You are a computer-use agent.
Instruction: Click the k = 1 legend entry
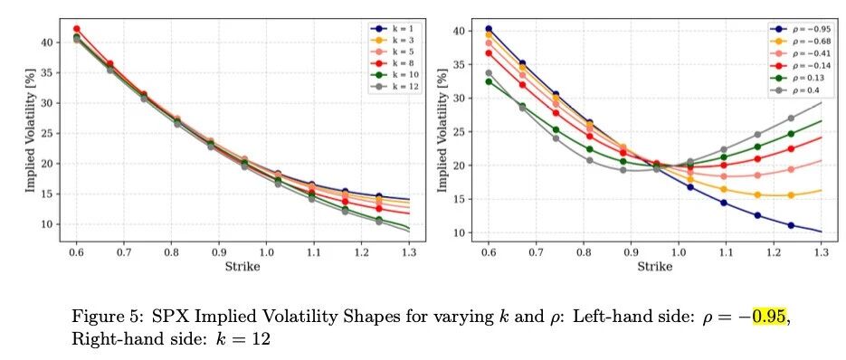393,28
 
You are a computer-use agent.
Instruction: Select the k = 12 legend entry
394,86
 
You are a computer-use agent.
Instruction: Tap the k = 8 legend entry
393,62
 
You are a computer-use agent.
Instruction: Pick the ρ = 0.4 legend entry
793,90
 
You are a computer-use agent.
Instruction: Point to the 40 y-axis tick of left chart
47,43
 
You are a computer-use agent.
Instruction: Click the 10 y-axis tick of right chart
460,232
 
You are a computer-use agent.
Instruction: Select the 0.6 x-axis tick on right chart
489,252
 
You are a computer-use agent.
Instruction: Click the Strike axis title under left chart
242,267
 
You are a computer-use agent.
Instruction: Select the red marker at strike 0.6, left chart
77,29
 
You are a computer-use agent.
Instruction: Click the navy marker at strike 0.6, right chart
489,29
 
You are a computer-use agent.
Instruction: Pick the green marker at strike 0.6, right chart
489,81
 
